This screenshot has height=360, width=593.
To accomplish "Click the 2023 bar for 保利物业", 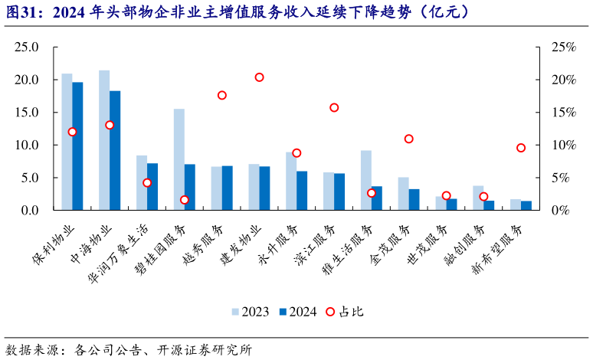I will pyautogui.click(x=67, y=142).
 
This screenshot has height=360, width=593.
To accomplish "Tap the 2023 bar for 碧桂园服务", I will pyautogui.click(x=179, y=159).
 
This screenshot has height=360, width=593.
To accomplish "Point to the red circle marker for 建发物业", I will pyautogui.click(x=259, y=77).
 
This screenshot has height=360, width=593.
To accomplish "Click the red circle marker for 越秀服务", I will pyautogui.click(x=221, y=95).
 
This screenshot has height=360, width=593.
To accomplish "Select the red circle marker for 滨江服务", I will pyautogui.click(x=334, y=107).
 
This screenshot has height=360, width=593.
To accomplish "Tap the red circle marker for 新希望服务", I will pyautogui.click(x=521, y=148).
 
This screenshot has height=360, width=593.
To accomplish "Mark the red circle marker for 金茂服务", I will pyautogui.click(x=408, y=139).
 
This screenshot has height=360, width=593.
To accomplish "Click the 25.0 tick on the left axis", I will pyautogui.click(x=25, y=47).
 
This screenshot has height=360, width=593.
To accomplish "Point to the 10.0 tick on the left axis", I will pyautogui.click(x=25, y=145).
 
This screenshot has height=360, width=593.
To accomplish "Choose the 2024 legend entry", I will pyautogui.click(x=297, y=312).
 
